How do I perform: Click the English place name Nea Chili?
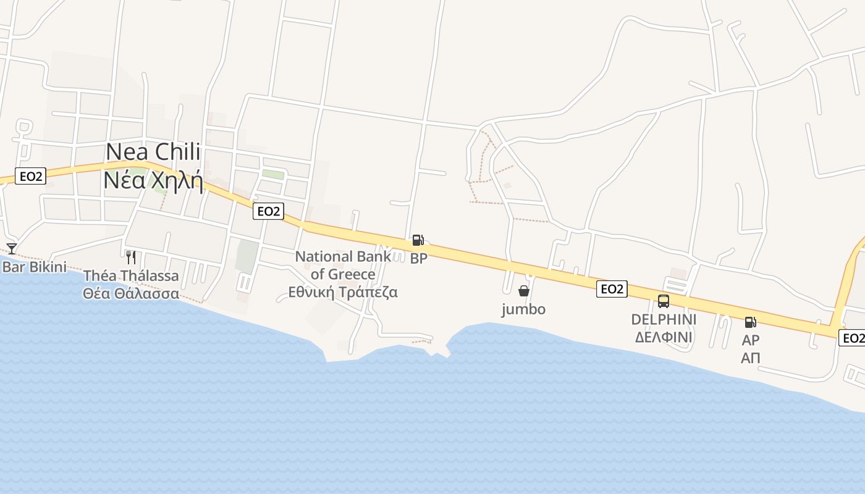coord(153,151)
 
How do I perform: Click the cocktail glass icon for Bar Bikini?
coord(12,248)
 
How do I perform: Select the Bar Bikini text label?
coord(34,267)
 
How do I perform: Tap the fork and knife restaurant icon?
coord(131,257)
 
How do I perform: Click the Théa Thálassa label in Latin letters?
coord(131,275)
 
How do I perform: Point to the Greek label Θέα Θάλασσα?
coord(131,293)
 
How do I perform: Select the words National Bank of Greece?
coord(343,265)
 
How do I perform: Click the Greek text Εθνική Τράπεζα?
coord(343,292)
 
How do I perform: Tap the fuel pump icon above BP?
coord(418,240)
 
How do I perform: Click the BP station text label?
coord(418,259)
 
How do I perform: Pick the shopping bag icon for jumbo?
coord(524,291)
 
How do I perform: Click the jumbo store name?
coord(523,309)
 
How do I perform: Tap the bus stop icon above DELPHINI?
coord(664,301)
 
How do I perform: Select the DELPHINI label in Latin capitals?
coord(664,319)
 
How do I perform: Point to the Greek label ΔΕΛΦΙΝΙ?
coord(664,337)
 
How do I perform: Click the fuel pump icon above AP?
coord(751,322)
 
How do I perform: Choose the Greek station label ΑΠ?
coord(751,358)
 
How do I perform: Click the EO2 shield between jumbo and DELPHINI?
coord(612,288)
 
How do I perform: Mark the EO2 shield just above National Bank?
coord(268,211)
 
